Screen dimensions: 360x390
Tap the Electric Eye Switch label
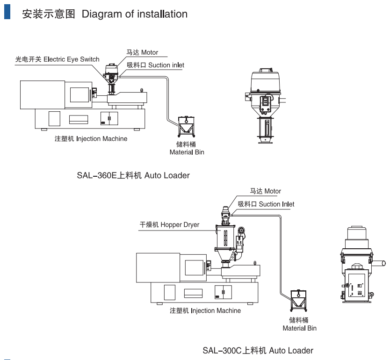tap(57, 59)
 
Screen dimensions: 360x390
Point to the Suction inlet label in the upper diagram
tap(155, 65)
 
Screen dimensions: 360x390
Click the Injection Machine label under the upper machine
tap(91, 139)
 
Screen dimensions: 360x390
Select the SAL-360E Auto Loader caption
tap(133, 176)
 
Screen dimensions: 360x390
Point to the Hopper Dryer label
tap(169, 225)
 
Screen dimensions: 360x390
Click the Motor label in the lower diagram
tap(265, 191)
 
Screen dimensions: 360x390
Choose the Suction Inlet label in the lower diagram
tap(266, 204)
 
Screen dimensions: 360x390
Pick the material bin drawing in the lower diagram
tap(298, 300)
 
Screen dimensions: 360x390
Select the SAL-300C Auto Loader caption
tap(258, 350)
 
